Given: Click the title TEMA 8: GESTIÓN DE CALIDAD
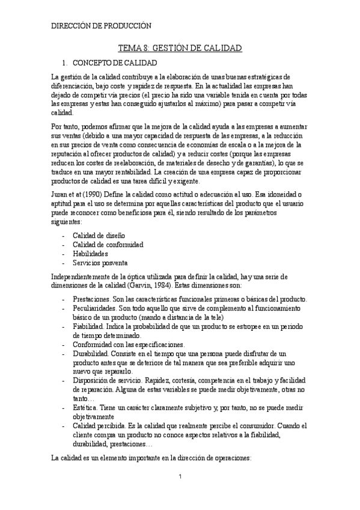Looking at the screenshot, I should pyautogui.click(x=180, y=48).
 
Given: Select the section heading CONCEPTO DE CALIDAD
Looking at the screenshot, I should pyautogui.click(x=114, y=63).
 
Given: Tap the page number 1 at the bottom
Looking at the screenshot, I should pyautogui.click(x=180, y=478).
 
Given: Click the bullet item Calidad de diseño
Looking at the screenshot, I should pyautogui.click(x=99, y=235).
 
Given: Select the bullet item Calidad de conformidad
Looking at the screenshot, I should pyautogui.click(x=108, y=245).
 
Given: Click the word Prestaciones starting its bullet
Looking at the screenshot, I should pyautogui.click(x=91, y=300).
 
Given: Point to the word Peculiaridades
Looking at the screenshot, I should pyautogui.click(x=94, y=309).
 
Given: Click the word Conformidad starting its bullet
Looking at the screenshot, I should pyautogui.click(x=93, y=345).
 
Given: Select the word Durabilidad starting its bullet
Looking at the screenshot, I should pyautogui.click(x=91, y=354).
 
